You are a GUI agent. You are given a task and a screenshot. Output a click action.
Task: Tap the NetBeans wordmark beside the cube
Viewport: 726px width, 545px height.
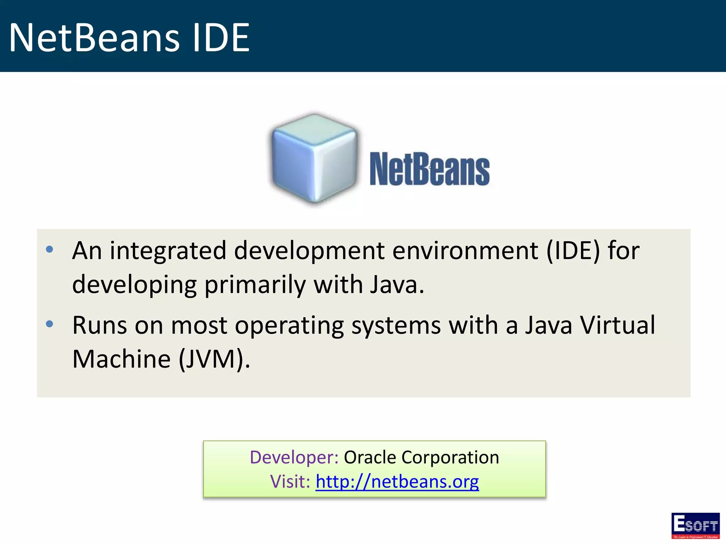point(429,169)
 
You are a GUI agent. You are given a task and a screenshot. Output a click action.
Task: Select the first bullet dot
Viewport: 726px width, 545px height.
point(50,249)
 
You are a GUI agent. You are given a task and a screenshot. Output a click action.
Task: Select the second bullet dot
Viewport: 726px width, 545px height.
point(50,324)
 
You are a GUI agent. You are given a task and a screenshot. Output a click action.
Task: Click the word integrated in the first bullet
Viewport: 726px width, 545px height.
point(168,251)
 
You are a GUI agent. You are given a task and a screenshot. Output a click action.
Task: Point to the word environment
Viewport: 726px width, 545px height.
point(465,251)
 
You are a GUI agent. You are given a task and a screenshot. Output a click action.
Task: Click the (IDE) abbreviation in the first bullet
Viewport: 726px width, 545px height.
point(573,251)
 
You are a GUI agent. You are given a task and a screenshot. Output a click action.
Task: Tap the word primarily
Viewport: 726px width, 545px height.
point(255,285)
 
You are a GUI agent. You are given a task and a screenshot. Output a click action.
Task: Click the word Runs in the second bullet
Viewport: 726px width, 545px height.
point(100,325)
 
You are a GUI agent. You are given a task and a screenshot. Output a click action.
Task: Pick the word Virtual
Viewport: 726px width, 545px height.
point(617,325)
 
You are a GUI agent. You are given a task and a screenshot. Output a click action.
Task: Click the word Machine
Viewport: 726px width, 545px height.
point(122,359)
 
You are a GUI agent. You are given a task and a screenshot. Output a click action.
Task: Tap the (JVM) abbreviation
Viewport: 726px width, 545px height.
point(214,359)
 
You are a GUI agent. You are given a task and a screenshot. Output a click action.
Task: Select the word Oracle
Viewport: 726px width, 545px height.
point(370,457)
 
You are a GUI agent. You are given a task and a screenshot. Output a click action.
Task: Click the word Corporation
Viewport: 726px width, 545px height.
point(450,457)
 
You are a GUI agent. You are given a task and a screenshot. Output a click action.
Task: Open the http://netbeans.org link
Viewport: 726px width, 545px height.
point(397,482)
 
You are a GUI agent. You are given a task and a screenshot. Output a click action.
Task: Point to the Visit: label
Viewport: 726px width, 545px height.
point(290,482)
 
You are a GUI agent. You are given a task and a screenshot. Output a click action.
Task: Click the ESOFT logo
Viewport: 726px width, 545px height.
point(695,525)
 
